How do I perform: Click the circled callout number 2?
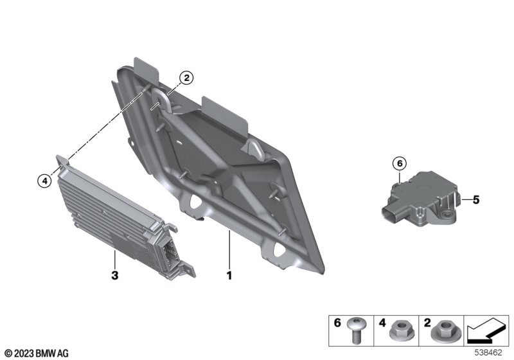(x=186, y=78)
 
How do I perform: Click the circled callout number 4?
(x=44, y=182)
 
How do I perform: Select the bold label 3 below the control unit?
(x=114, y=276)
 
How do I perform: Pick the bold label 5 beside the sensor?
(x=476, y=201)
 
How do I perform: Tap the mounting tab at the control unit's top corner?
(x=63, y=161)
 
